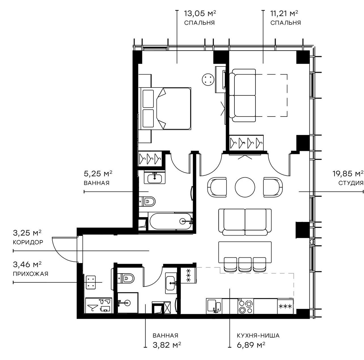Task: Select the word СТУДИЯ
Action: click(351, 183)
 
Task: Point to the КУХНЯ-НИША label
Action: click(258, 336)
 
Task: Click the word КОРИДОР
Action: click(28, 242)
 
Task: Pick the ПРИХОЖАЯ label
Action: click(30, 274)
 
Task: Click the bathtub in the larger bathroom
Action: click(170, 221)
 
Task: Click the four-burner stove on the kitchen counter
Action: click(246, 306)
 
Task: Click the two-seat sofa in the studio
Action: click(245, 222)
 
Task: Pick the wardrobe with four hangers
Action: click(246, 143)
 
